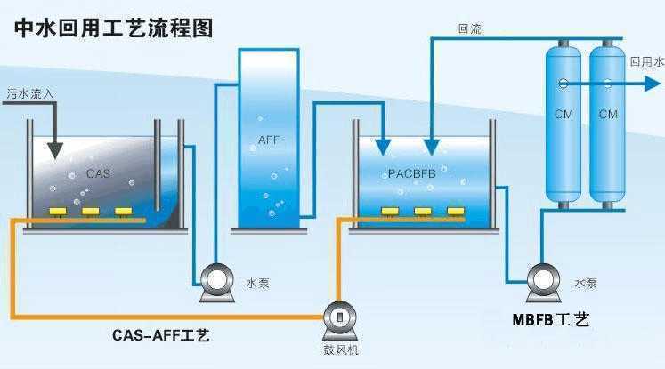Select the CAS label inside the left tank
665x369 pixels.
pyautogui.click(x=98, y=173)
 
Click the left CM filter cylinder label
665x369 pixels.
pyautogui.click(x=563, y=114)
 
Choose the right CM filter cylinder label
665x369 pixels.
pyautogui.click(x=608, y=114)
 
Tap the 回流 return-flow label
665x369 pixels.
pyautogui.click(x=470, y=28)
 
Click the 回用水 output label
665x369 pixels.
pyautogui.click(x=646, y=62)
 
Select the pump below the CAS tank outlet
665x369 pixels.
pyautogui.click(x=215, y=282)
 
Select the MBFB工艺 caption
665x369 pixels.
pyautogui.click(x=551, y=318)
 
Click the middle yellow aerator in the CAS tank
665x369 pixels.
pyautogui.click(x=90, y=212)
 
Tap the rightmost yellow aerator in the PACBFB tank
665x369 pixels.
pyautogui.click(x=456, y=212)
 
